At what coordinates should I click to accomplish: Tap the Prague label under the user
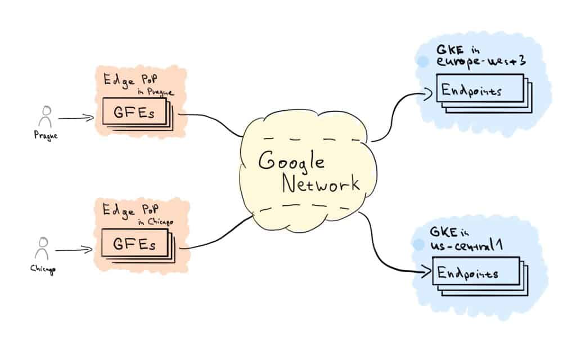tap(45, 136)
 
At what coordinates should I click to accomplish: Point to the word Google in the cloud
tap(291, 162)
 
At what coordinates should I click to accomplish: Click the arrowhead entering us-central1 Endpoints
tap(426, 273)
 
